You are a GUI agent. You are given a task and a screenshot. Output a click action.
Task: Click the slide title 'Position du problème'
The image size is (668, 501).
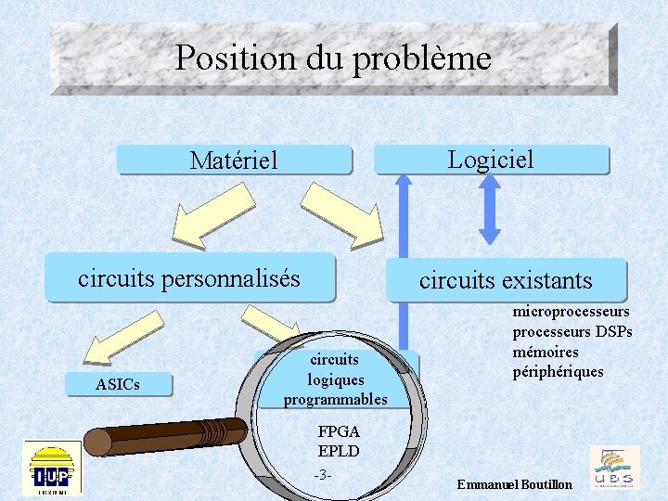[x=332, y=58]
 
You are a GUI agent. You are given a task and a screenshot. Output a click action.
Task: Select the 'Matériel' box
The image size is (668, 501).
[x=234, y=161]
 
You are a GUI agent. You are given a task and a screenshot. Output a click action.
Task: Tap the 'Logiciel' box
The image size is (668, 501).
[x=491, y=159]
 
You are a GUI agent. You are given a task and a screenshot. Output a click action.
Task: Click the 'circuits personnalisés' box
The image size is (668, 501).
[x=189, y=277]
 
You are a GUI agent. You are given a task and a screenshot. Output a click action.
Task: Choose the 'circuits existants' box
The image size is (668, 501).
[x=506, y=279]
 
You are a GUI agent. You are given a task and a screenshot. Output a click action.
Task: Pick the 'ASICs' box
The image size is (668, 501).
[x=117, y=384]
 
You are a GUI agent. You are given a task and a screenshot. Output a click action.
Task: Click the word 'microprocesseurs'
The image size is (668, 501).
[x=571, y=312]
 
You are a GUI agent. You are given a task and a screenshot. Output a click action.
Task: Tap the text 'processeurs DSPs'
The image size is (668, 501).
[x=572, y=332]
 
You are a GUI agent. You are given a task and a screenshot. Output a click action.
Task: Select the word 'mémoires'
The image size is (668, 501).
[x=546, y=352]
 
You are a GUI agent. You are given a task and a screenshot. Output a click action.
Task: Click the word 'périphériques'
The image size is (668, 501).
[x=558, y=372]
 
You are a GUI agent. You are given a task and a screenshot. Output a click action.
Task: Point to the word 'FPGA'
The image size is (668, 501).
[x=338, y=431]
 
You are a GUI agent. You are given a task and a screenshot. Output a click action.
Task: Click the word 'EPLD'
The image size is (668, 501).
[x=338, y=451]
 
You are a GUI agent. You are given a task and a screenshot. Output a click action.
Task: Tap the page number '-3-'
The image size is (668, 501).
[x=323, y=475]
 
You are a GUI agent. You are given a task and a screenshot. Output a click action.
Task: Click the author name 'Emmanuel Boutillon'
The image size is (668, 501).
[x=514, y=485]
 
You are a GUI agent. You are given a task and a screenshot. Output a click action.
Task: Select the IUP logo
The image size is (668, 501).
[x=53, y=468]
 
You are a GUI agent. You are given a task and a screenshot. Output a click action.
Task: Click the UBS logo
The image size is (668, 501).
[x=614, y=467]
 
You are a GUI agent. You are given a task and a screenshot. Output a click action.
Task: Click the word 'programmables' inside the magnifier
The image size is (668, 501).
[x=335, y=399]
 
